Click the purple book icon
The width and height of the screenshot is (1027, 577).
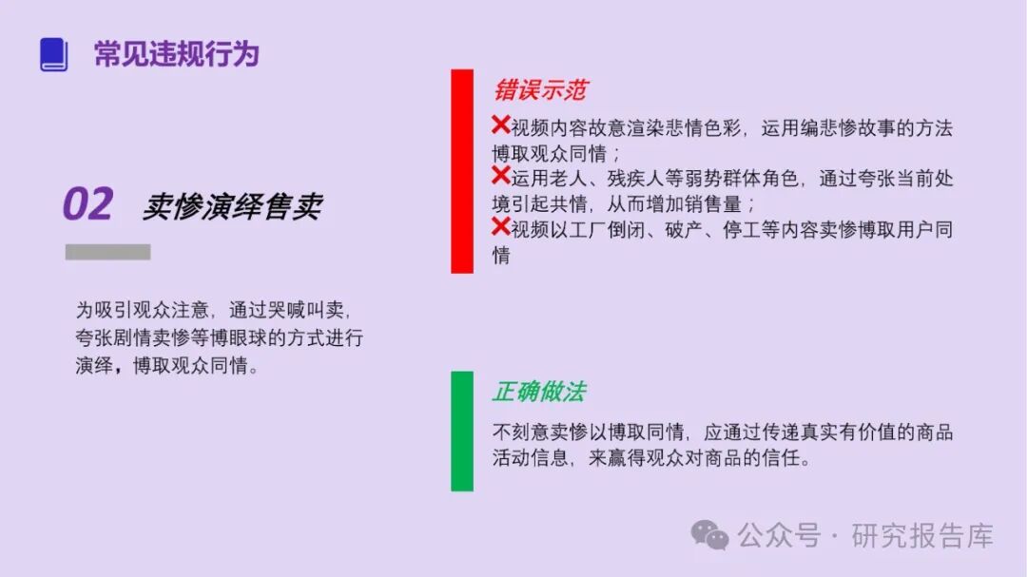[53, 54]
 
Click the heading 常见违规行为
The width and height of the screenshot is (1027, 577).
[176, 54]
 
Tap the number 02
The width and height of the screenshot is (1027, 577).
[88, 204]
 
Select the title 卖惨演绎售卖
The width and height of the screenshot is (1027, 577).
[232, 206]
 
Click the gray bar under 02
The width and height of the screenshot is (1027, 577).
[107, 252]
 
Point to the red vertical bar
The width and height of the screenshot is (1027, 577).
[462, 171]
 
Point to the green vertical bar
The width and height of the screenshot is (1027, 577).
[462, 431]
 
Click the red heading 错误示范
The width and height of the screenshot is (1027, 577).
[539, 90]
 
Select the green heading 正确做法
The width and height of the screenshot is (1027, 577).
[538, 392]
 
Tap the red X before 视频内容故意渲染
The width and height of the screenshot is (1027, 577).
[500, 125]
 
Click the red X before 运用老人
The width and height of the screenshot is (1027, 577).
[500, 176]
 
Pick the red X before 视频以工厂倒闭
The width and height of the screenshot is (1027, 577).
[500, 226]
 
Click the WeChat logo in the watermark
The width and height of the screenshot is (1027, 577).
[709, 535]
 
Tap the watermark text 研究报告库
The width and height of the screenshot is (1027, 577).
[921, 536]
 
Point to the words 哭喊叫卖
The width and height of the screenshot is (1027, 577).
[308, 311]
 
